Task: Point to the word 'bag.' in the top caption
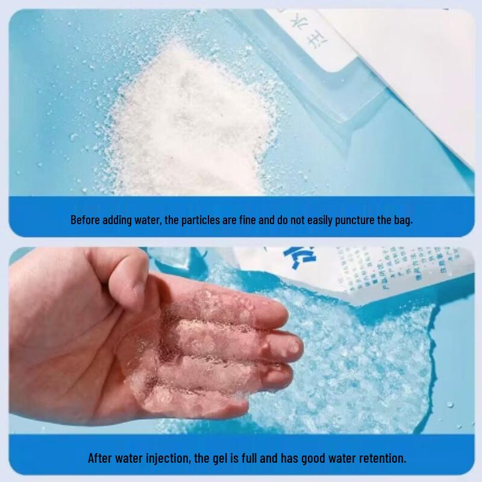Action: coord(403,220)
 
